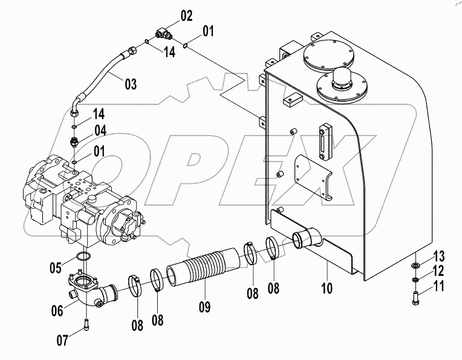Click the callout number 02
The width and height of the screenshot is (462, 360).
point(186,16)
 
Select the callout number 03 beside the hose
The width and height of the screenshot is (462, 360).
point(131,84)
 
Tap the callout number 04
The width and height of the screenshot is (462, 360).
point(100,129)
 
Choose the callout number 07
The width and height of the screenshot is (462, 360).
point(63,340)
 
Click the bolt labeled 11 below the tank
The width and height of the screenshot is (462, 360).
point(417,297)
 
